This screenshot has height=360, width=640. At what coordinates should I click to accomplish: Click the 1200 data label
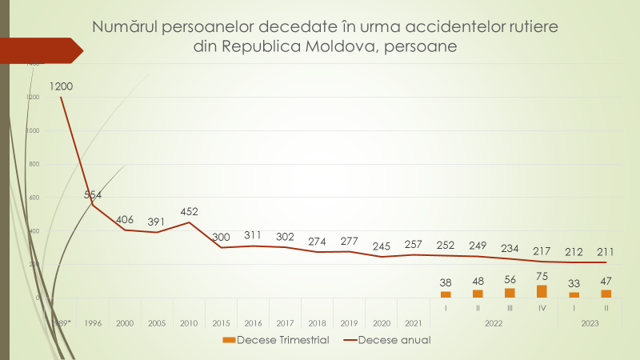(62, 86)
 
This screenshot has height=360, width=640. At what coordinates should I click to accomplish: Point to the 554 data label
(94, 194)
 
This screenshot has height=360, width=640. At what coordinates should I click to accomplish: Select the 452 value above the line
(189, 211)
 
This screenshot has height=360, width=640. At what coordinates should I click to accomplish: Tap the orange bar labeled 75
(542, 291)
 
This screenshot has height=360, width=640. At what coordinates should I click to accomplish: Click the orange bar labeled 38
(446, 294)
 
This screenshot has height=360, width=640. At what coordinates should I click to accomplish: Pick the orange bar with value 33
(574, 294)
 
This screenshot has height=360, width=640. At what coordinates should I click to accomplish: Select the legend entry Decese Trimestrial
(274, 340)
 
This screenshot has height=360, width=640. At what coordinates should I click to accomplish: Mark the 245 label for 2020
(382, 246)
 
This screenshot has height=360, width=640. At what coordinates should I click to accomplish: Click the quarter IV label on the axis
(542, 306)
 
